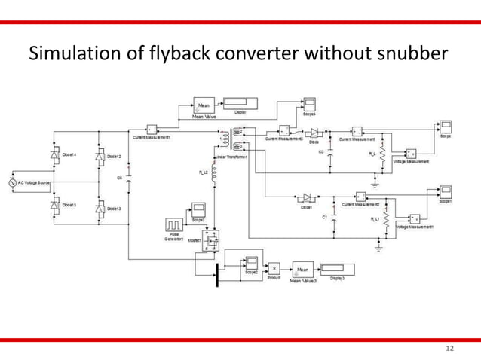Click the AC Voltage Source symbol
click(11, 182)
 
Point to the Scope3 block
click(198, 208)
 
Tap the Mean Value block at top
click(203, 106)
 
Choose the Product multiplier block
click(275, 268)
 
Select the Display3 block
click(332, 267)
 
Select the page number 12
click(450, 349)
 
